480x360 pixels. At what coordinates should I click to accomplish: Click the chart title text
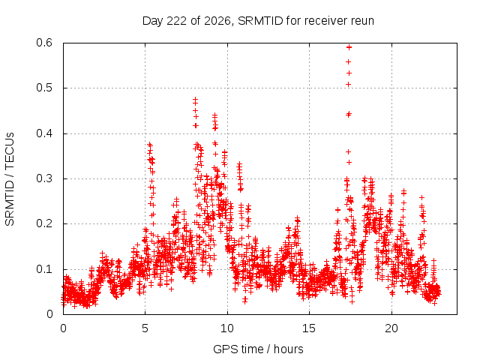pyautogui.click(x=258, y=21)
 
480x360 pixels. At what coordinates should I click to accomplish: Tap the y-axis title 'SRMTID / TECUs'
pyautogui.click(x=10, y=179)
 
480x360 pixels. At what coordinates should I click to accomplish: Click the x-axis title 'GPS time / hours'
pyautogui.click(x=258, y=349)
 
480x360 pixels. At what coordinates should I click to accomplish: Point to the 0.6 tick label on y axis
pyautogui.click(x=44, y=43)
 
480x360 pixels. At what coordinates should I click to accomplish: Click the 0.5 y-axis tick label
pyautogui.click(x=44, y=88)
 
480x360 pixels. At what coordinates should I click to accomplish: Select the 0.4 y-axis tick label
pyautogui.click(x=44, y=133)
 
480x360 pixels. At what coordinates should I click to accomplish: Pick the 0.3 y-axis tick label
pyautogui.click(x=44, y=178)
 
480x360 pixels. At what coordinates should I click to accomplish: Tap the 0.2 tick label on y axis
pyautogui.click(x=44, y=223)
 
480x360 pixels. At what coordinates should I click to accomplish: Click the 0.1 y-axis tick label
pyautogui.click(x=44, y=269)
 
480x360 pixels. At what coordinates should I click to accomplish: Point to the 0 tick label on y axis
pyautogui.click(x=49, y=314)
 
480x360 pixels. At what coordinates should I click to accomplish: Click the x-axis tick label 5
pyautogui.click(x=145, y=328)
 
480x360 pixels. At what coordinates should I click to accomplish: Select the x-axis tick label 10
pyautogui.click(x=227, y=328)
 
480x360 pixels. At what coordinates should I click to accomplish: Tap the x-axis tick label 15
pyautogui.click(x=309, y=328)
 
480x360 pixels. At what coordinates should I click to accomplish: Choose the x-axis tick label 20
pyautogui.click(x=391, y=328)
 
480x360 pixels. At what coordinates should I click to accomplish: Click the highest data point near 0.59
pyautogui.click(x=349, y=47)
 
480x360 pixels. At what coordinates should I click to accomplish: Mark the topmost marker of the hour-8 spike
pyautogui.click(x=195, y=99)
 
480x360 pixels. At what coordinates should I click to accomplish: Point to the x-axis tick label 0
pyautogui.click(x=63, y=328)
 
